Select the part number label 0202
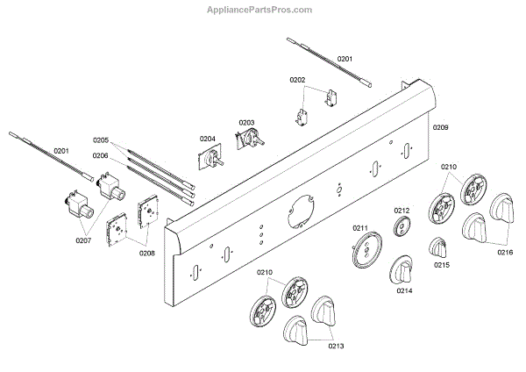(x=298, y=80)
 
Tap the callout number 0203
(x=246, y=122)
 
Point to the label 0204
(x=207, y=138)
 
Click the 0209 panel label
(x=440, y=128)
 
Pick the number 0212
(x=402, y=211)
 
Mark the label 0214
(x=404, y=290)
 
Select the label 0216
(x=505, y=252)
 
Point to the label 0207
(x=82, y=240)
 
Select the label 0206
(x=101, y=155)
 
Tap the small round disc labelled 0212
(x=402, y=229)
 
